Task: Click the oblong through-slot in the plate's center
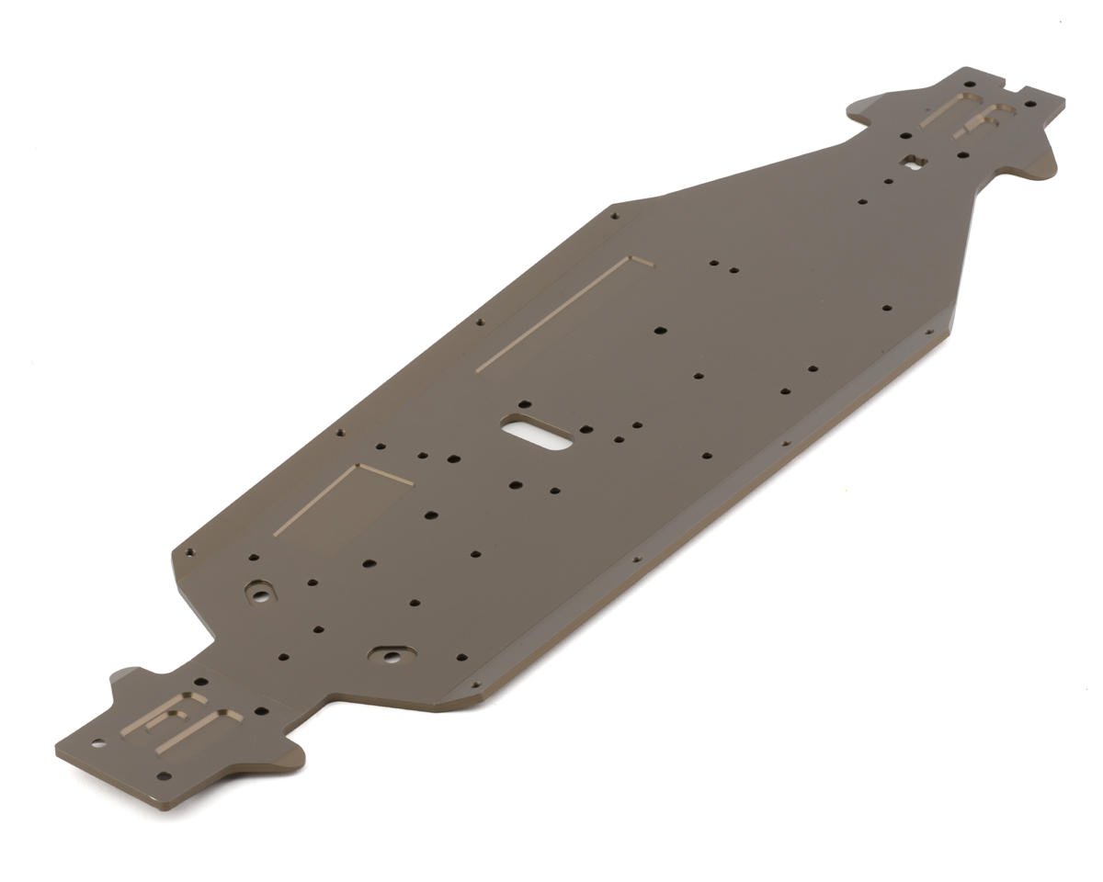pos(537,432)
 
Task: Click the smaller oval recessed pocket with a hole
pos(260,592)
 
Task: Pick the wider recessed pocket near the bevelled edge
pos(392,654)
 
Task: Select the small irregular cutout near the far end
pos(912,163)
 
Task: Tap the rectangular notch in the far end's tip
pos(1015,89)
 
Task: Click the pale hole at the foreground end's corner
pos(97,743)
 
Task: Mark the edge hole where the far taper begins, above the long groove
pos(614,217)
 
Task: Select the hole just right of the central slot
pos(586,428)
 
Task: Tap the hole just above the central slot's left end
pos(525,403)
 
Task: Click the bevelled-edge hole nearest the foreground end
pos(475,684)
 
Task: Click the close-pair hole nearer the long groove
pos(713,264)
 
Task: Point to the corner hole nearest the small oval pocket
pos(190,553)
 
